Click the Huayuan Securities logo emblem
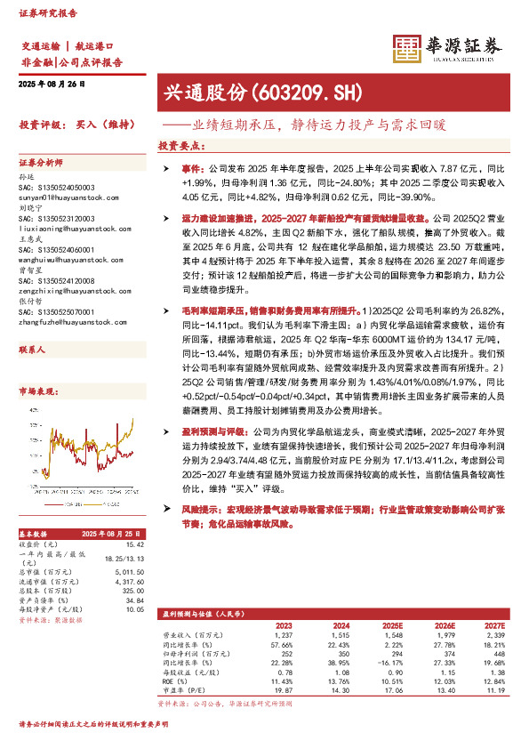click(x=407, y=50)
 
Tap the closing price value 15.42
click(x=135, y=544)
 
